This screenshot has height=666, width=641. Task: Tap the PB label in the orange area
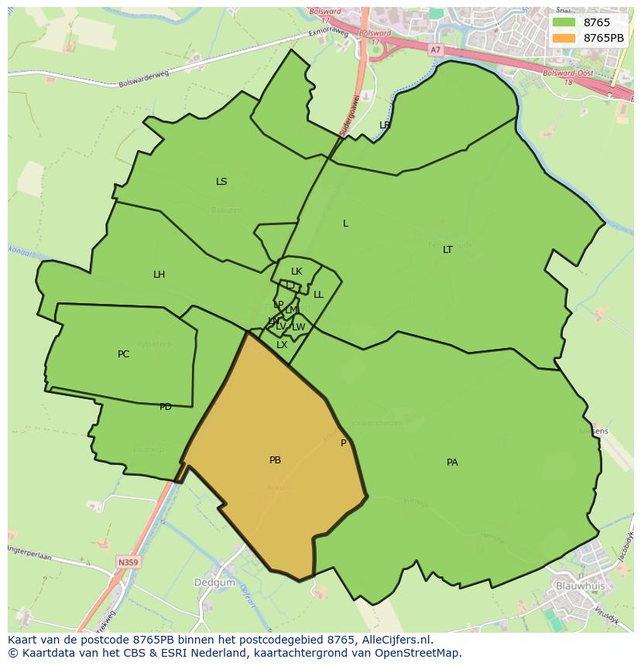click(275, 460)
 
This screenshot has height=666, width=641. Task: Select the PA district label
click(452, 463)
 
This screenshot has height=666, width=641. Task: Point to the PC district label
click(123, 354)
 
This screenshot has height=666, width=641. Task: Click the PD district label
click(165, 407)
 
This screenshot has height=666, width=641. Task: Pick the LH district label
click(159, 275)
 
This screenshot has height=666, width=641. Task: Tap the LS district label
click(221, 182)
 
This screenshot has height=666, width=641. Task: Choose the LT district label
click(447, 250)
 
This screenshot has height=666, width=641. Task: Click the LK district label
click(297, 272)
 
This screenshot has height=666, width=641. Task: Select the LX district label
click(282, 345)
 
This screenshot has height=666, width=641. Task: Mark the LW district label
click(298, 327)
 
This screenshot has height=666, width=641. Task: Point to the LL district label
click(318, 295)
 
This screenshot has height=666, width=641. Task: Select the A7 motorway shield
click(435, 50)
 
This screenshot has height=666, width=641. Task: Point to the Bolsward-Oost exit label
click(565, 73)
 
